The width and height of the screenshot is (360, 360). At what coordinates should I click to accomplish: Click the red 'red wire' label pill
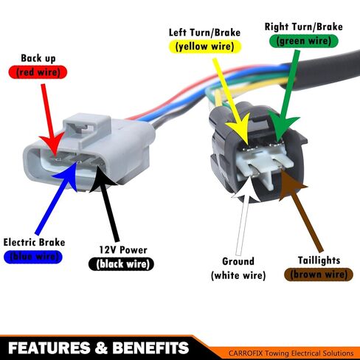[x=38, y=72]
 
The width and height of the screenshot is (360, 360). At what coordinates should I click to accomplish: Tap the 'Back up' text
[x=38, y=58]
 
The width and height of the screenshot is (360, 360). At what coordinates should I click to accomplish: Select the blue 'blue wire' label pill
[x=33, y=257]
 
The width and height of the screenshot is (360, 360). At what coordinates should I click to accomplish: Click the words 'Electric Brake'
[x=34, y=243]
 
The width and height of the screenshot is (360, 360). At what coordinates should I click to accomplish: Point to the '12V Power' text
[x=123, y=250]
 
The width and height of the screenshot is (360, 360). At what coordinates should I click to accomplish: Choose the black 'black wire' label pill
[x=121, y=264]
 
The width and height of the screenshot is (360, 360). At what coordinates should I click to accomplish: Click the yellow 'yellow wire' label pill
[x=205, y=46]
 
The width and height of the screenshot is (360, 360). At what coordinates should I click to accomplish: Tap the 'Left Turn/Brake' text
[x=204, y=32]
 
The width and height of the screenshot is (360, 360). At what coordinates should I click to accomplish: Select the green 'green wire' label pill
[x=304, y=41]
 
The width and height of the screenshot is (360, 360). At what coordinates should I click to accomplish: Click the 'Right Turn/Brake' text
[x=304, y=27]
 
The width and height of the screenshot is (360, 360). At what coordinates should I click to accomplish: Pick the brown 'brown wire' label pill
[x=319, y=274]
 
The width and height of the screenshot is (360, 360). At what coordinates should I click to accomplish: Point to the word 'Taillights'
[x=319, y=260]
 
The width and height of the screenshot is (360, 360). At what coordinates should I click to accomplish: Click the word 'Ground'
[x=238, y=261]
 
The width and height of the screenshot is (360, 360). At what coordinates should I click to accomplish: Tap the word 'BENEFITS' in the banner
[x=150, y=347]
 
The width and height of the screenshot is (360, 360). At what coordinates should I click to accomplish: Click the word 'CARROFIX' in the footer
[x=246, y=353]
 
